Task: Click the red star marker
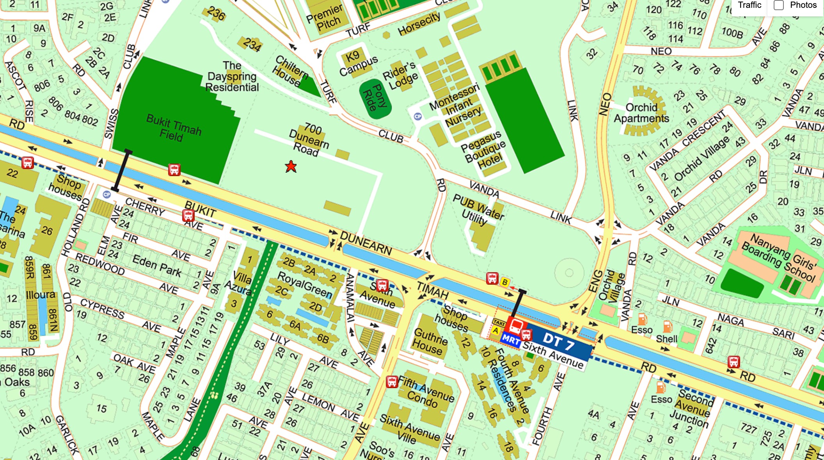[291, 167]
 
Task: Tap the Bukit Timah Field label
[173, 128]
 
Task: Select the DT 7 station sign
[559, 342]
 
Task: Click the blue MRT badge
[511, 339]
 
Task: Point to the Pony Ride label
[374, 98]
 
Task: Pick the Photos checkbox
[778, 5]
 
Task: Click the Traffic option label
[749, 5]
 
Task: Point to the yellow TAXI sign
[499, 323]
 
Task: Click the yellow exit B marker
[505, 282]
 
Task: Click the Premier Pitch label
[325, 18]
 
